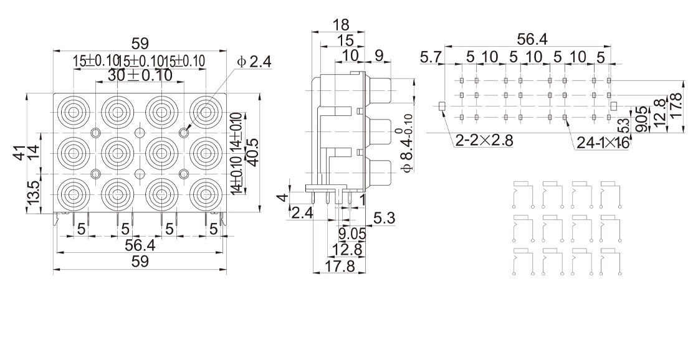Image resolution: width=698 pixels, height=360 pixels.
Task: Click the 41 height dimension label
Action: (21, 152)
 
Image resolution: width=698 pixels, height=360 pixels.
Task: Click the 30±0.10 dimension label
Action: (140, 75)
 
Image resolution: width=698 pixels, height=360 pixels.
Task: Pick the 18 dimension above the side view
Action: (340, 25)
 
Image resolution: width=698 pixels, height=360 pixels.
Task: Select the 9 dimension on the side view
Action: (378, 55)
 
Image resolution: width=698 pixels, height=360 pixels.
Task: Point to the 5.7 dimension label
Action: (431, 58)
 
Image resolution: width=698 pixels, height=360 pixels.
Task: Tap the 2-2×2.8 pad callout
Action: (484, 141)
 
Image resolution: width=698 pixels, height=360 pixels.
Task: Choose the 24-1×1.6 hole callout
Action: (602, 143)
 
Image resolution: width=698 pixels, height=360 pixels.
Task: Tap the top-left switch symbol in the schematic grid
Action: (522, 193)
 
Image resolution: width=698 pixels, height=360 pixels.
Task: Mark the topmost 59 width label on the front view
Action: (140, 44)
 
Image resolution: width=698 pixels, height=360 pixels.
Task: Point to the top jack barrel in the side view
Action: (380, 91)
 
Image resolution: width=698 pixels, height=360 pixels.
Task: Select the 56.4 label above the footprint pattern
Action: (532, 39)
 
